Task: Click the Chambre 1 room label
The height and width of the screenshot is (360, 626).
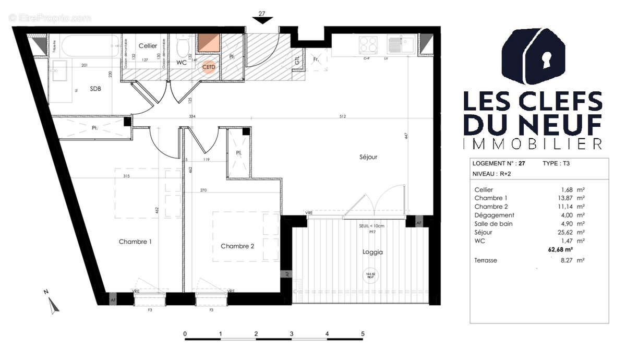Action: coord(135,242)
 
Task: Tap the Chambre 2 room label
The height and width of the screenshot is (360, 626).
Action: coord(237,246)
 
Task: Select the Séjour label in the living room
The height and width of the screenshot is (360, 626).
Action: coord(368,157)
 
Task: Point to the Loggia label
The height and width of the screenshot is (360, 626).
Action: coord(372,252)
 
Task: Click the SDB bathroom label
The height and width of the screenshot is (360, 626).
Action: coord(95,88)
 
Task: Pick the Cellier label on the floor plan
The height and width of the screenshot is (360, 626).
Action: coord(148,46)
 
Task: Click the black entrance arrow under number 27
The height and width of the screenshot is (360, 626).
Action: coord(262,20)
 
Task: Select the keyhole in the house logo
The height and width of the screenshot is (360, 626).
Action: coord(546,59)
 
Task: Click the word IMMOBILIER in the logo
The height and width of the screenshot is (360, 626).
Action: coord(533,143)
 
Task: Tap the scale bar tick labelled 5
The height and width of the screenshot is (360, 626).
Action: coord(363,333)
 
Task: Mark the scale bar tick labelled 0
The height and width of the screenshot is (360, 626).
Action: coord(185,333)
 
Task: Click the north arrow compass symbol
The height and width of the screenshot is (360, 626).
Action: coord(52,304)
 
